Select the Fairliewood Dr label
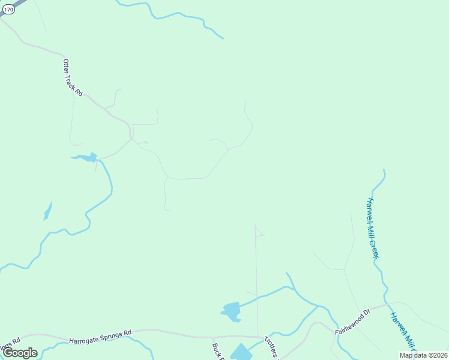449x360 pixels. [x=352, y=322]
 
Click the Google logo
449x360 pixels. [x=20, y=352]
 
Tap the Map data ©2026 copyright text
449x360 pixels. [x=424, y=355]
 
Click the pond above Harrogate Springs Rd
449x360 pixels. [x=231, y=311]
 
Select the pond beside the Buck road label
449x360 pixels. [x=242, y=352]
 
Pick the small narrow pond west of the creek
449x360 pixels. [x=47, y=212]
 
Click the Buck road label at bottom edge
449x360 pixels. [x=218, y=350]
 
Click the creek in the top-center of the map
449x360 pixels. [x=180, y=14]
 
